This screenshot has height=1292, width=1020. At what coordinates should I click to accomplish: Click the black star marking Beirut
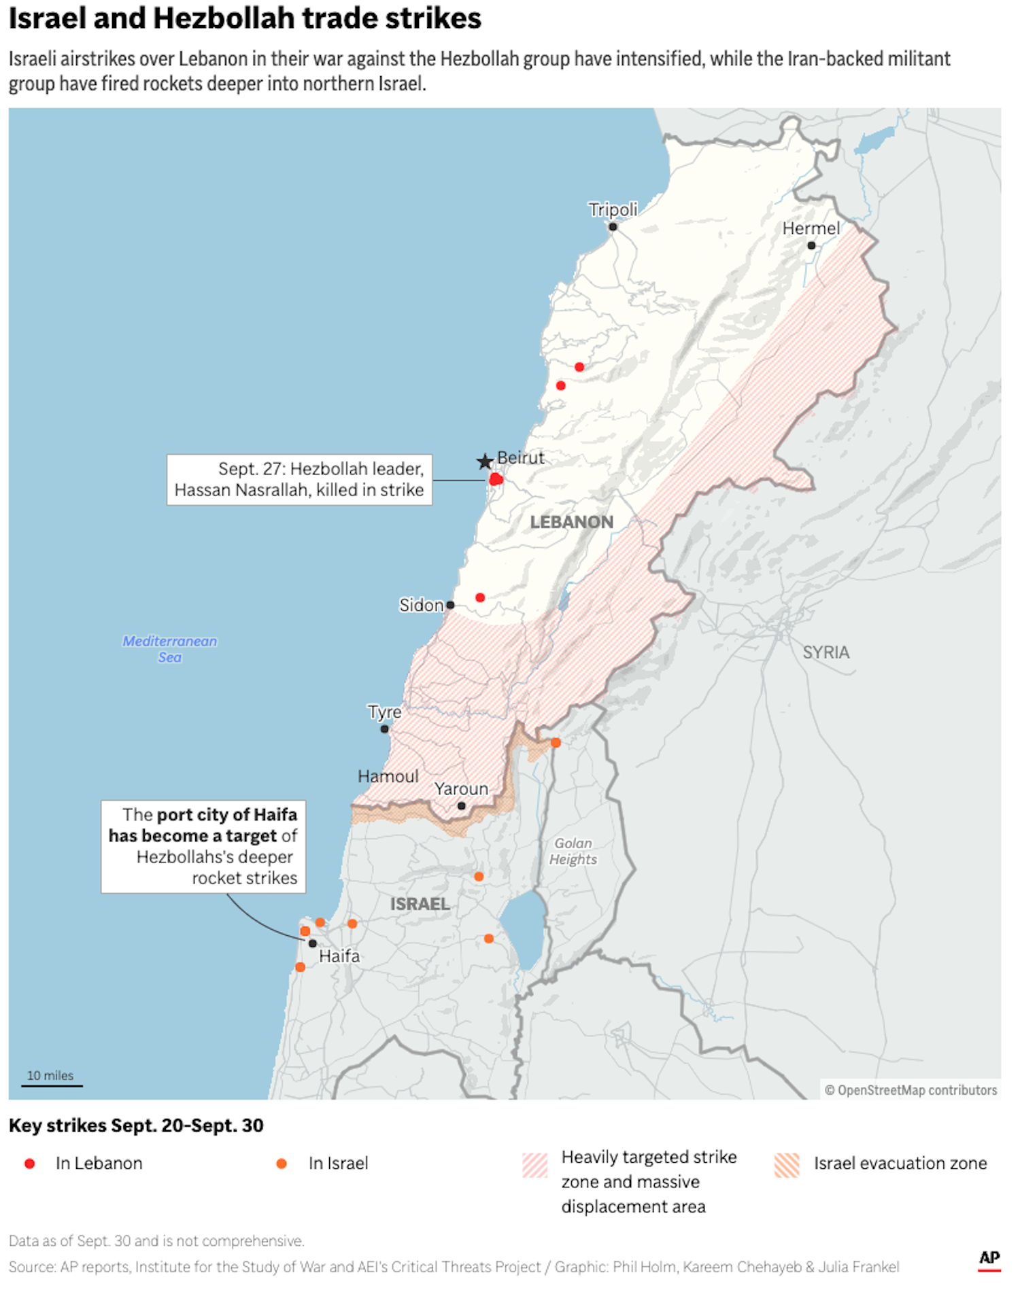coord(484,462)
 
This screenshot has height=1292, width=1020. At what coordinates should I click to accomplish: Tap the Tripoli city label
coord(613,209)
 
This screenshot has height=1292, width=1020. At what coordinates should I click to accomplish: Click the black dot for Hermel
coord(811,245)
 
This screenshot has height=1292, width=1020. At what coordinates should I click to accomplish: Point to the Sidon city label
coord(421,605)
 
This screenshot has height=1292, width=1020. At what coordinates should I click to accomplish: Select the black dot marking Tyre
coord(385,729)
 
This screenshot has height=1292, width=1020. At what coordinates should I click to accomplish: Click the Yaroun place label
coord(461,789)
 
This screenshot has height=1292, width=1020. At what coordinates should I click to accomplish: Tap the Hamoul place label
coord(388,776)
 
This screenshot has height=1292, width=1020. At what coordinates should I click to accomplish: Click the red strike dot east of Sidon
coord(480,597)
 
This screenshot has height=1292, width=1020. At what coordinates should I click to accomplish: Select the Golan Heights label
coord(573,851)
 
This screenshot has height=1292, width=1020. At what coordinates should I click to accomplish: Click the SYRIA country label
coord(826,652)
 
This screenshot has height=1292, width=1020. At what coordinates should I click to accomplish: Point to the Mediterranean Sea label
coord(169,649)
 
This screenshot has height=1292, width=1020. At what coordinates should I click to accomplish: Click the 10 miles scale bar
coord(52,1085)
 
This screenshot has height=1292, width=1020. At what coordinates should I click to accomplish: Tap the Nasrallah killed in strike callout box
coord(299,480)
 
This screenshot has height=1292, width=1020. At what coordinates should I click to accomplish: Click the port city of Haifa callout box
coord(203,846)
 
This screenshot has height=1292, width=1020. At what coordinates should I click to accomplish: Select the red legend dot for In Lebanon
coord(30,1164)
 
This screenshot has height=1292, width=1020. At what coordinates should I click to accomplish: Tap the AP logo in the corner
coord(989,1258)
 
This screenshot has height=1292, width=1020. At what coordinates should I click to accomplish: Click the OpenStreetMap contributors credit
coord(911,1090)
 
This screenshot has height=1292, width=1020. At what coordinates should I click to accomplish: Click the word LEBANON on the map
coord(571,522)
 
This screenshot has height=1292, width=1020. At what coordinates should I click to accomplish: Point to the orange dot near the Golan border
coord(556,743)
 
